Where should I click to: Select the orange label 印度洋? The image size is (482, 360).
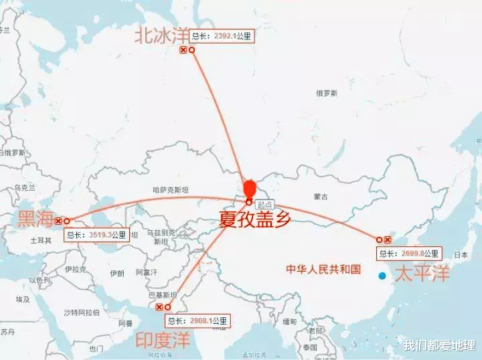pyautogui.click(x=163, y=339)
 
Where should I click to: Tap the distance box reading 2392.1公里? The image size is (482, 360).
pyautogui.click(x=220, y=37)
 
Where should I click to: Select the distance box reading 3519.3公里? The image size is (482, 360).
pyautogui.click(x=96, y=235)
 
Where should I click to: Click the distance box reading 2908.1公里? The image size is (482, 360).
pyautogui.click(x=197, y=321)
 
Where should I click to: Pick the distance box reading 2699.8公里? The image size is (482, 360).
pyautogui.click(x=409, y=254)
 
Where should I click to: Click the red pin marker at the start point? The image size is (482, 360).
pyautogui.click(x=249, y=189)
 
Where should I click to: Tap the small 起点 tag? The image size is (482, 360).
pyautogui.click(x=265, y=204)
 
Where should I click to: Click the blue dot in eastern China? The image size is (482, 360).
pyautogui.click(x=382, y=276)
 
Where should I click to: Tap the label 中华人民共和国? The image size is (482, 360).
pyautogui.click(x=323, y=269)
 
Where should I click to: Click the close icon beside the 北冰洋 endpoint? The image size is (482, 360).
pyautogui.click(x=183, y=50)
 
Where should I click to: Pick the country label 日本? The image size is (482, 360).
pyautogui.click(x=461, y=255)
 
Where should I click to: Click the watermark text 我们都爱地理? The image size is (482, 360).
pyautogui.click(x=439, y=345)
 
